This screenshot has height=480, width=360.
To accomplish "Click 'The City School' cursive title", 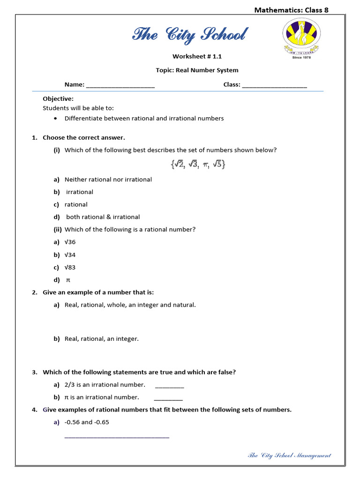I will point(189,35).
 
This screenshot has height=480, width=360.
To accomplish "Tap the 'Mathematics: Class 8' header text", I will point(291,10).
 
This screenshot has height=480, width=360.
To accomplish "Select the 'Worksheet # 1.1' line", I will point(197,56).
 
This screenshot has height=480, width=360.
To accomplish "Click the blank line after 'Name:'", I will point(120,85).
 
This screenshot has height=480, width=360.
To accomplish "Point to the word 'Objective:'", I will point(58,99).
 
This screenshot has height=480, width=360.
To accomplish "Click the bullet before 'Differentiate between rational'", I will point(56,118).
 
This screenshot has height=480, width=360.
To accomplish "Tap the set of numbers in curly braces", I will point(197,165).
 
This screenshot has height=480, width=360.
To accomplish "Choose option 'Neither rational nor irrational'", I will point(108,180).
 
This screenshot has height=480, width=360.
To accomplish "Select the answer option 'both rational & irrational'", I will point(103,217).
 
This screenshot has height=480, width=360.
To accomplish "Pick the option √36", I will point(70,242).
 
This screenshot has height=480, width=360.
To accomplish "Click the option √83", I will point(70,268).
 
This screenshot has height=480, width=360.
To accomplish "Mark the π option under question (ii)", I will point(67,280).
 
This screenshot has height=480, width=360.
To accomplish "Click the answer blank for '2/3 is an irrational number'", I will point(169,386).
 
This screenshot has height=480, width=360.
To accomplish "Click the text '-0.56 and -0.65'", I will point(87,422).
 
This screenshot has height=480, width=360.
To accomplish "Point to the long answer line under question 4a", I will point(116,436).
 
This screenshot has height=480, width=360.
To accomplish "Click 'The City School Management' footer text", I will point(289,455).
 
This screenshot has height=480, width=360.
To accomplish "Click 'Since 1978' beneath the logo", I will point(301,58).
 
